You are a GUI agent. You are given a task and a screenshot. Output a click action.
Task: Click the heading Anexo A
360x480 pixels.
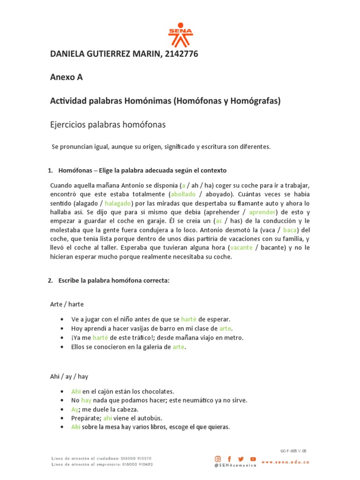(66, 78)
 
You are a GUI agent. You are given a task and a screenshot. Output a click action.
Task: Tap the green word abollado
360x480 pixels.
(183, 194)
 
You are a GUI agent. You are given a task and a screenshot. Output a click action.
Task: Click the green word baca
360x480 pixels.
(290, 230)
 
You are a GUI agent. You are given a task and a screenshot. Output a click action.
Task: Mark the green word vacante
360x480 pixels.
(242, 247)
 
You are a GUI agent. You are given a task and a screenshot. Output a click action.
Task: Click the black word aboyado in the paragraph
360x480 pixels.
(217, 194)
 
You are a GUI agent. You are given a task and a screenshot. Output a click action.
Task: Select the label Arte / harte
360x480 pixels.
(67, 304)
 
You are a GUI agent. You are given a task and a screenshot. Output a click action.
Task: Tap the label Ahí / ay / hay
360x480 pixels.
(69, 376)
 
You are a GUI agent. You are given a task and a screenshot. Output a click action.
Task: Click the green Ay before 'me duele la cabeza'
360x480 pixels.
(75, 409)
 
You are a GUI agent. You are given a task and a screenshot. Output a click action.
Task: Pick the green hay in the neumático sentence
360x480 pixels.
(86, 400)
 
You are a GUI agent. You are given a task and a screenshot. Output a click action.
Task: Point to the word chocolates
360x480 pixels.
(156, 391)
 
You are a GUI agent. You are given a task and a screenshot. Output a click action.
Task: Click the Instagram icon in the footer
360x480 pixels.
(218, 458)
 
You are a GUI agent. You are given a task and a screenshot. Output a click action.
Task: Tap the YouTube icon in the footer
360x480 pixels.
(253, 458)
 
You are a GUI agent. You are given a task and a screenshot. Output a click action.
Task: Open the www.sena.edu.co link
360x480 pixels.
(292, 462)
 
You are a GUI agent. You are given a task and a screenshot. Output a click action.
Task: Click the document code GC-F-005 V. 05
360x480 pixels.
(293, 451)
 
